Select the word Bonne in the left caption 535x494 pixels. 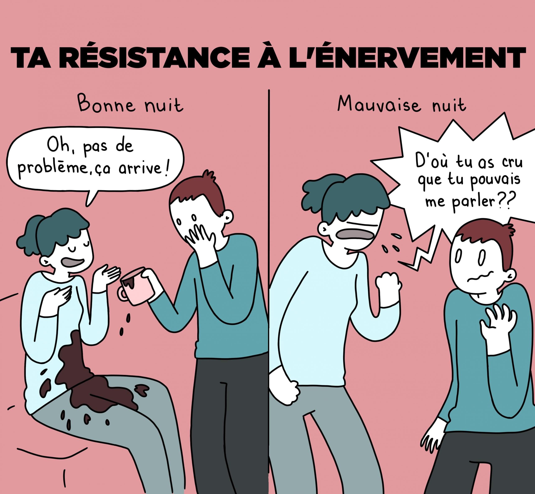(107, 103)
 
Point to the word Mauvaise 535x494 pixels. (380, 104)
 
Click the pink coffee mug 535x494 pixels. (136, 286)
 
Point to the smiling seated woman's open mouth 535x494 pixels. (73, 263)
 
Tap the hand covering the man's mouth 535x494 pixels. (201, 237)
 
